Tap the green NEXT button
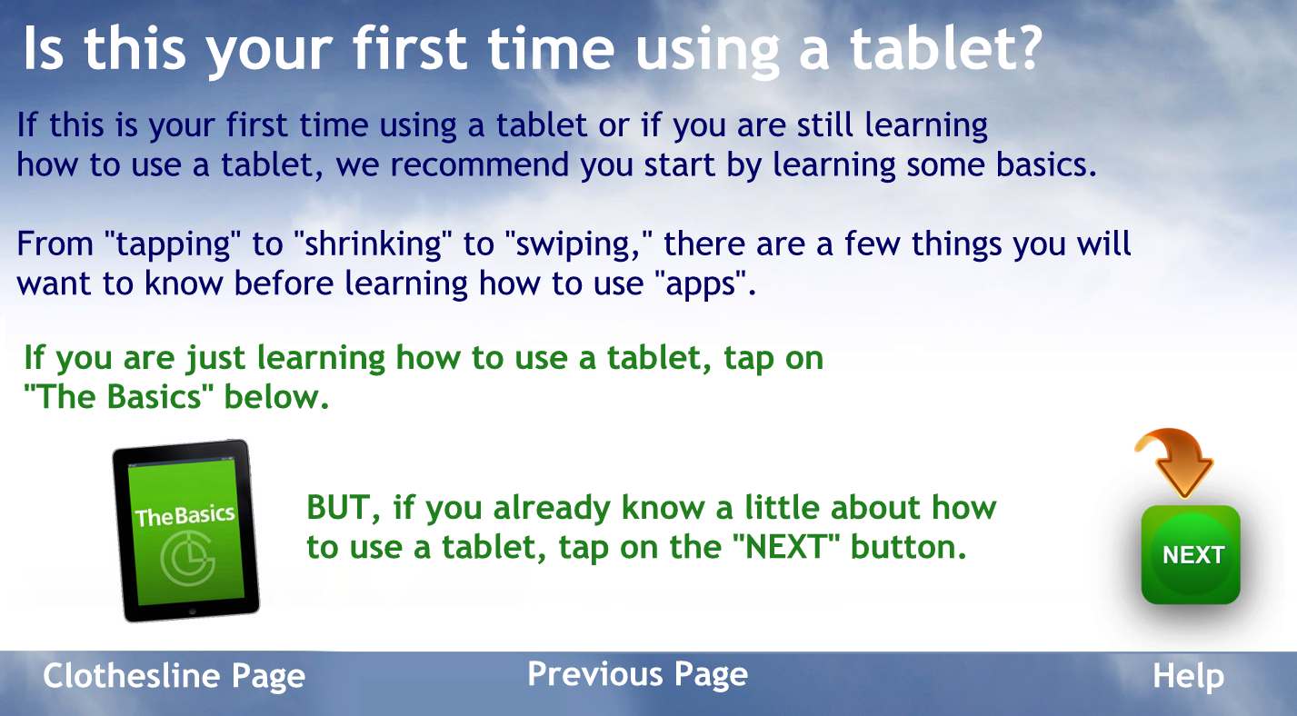1191,554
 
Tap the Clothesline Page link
174,676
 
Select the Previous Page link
637,674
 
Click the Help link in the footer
1188,675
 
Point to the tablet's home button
193,612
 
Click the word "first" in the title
410,49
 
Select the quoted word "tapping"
172,244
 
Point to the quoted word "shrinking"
373,244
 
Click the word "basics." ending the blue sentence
1046,164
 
